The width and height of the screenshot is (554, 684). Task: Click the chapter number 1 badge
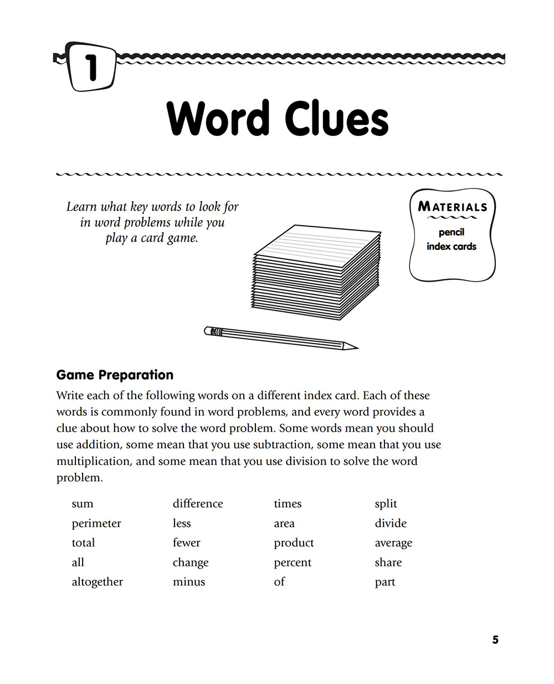tap(92, 67)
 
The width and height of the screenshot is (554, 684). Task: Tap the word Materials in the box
tap(453, 207)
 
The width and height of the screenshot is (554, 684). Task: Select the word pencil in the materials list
tap(452, 232)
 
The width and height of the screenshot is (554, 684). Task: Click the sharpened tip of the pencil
tap(355, 348)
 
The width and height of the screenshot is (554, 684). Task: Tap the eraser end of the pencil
tap(208, 331)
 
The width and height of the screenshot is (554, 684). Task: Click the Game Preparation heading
tap(115, 375)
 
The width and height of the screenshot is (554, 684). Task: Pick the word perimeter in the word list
tap(96, 523)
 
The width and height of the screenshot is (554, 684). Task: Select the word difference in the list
tap(198, 504)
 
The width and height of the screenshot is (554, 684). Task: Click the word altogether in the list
tap(98, 582)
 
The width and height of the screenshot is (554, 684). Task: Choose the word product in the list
tap(294, 543)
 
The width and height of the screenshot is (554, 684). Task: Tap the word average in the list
tap(393, 543)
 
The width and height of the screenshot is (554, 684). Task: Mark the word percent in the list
tap(293, 563)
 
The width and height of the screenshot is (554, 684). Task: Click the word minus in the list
tap(189, 582)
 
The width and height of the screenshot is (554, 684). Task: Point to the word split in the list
tap(386, 504)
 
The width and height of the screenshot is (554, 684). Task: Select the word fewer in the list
tap(186, 543)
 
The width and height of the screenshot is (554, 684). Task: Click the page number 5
tap(495, 640)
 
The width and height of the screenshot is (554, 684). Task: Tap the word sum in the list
tap(83, 504)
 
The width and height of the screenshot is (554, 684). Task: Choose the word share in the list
tap(388, 563)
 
